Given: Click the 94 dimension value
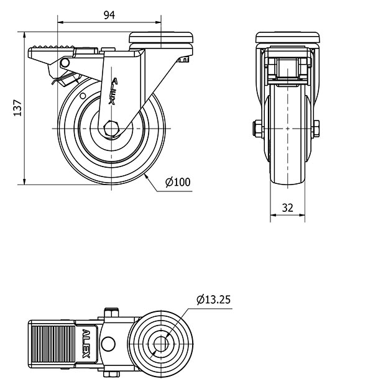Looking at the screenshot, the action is pos(109,15).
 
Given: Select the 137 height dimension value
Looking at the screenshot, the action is pos(17,107).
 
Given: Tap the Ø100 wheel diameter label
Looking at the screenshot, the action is pos(178,182).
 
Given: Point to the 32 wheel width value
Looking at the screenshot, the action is pos(288,208).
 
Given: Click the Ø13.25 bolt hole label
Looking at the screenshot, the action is pos(214,299).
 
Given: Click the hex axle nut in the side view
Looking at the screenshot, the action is pos(111,129).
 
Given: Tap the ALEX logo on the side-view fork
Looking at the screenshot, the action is pos(113,91).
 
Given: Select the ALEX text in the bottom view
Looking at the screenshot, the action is pos(86,343).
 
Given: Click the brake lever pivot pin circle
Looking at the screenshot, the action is pos(65,63).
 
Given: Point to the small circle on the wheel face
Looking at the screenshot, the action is pos(83,96).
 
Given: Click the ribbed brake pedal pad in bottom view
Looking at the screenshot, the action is pos(53,344).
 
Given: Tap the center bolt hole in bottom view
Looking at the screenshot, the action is pos(161,344).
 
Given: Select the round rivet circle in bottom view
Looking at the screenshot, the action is pos(108,344).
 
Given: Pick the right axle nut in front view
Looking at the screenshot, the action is pos(316,129).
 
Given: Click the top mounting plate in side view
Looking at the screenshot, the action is pos(161,37).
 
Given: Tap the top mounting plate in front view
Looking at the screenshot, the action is pos(288,37).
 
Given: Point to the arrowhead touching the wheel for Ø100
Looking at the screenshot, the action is pos(147,177).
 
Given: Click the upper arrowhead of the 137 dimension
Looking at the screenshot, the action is pos(24,35).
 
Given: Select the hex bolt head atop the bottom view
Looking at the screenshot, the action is pos(111,312).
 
